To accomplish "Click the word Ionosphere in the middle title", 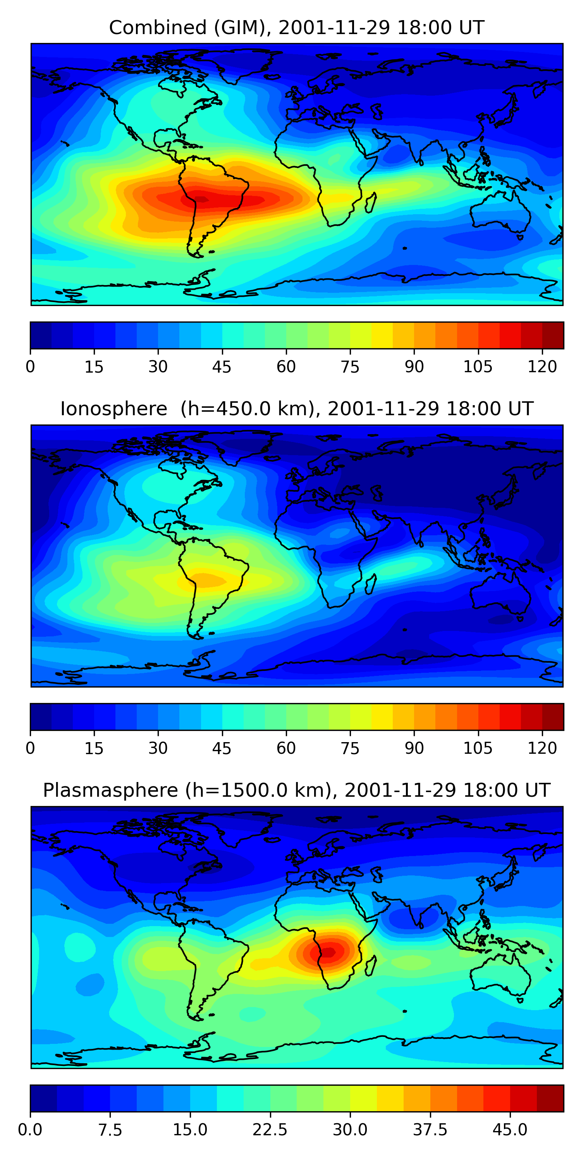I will (x=113, y=409).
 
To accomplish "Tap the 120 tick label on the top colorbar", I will (x=542, y=367).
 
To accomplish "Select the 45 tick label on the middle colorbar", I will (x=222, y=748).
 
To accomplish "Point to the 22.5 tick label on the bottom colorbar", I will (x=270, y=1129).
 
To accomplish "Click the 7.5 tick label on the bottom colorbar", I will (x=110, y=1129).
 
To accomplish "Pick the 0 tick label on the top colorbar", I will (x=30, y=367).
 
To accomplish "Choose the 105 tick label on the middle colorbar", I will (x=478, y=748).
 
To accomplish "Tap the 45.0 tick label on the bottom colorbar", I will (x=510, y=1129).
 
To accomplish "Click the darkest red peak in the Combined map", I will (x=200, y=198).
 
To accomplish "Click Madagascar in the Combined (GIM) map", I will (x=371, y=203).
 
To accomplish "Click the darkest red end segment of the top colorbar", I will (x=553, y=335).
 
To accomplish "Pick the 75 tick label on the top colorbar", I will (x=350, y=367).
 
